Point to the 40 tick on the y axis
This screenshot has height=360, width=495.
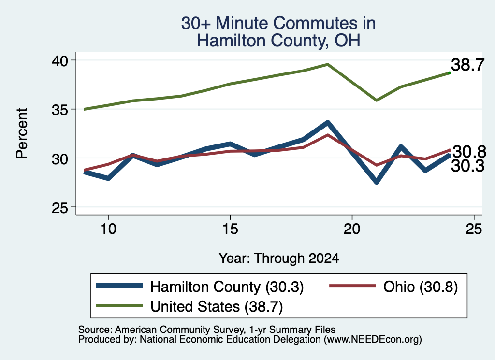pos(60,60)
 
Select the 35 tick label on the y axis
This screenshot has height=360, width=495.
pos(60,110)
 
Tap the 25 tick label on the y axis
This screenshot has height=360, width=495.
pos(60,208)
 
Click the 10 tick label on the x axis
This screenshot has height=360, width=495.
pos(108,229)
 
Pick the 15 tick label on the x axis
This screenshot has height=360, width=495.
pos(230,229)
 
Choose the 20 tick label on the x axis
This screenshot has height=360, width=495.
pos(352,229)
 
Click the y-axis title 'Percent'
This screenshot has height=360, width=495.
pos(22,133)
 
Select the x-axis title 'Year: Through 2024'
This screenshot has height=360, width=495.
pos(279,258)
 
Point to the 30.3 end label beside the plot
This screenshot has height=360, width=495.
pos(467,166)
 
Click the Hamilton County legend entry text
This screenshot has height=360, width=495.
pos(227,287)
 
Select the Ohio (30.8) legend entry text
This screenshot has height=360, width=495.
pos(421,287)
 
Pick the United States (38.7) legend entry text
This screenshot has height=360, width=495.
pos(217,307)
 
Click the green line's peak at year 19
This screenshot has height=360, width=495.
pos(328,64)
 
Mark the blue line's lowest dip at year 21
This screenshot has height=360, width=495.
pos(376,182)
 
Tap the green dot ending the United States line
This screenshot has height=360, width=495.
pos(450,73)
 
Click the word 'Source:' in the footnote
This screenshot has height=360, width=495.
pos(95,330)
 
